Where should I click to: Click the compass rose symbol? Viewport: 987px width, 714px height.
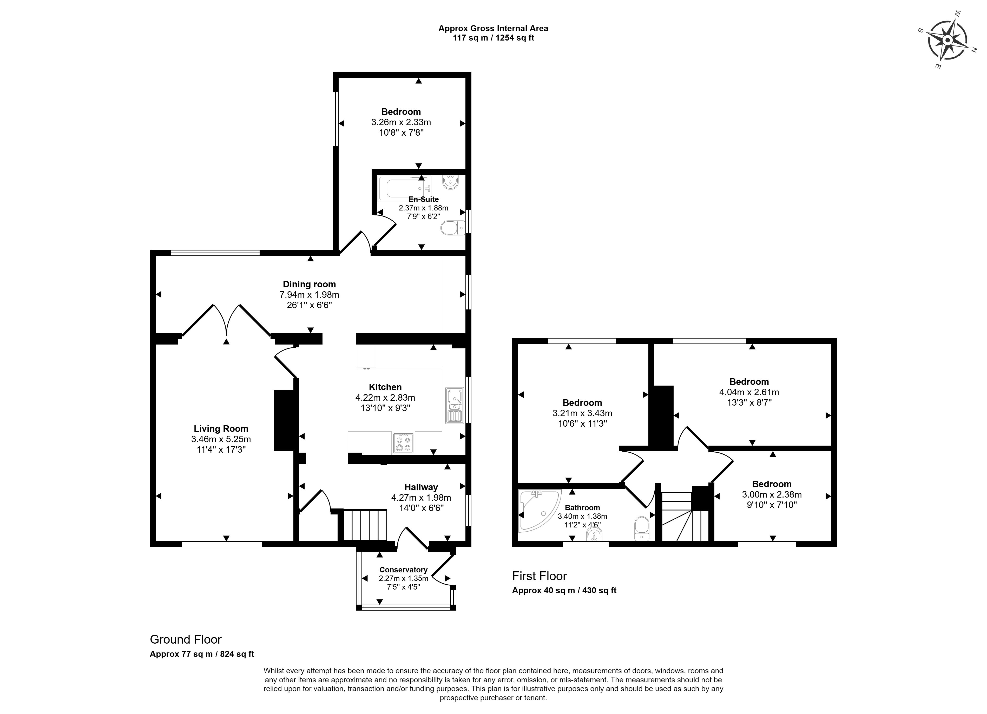coord(947,41)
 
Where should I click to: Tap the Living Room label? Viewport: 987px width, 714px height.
coord(221,428)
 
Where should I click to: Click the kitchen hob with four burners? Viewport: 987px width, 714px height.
coord(403,443)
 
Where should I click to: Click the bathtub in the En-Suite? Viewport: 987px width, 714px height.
coord(404,188)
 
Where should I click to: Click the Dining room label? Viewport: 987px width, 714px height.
coord(310,284)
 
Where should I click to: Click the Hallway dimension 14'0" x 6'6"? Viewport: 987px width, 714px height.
coord(421,508)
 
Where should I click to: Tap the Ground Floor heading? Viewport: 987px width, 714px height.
coord(186,639)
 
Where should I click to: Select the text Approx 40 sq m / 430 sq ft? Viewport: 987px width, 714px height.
coord(564,590)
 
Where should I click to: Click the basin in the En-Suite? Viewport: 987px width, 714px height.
coord(450,182)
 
